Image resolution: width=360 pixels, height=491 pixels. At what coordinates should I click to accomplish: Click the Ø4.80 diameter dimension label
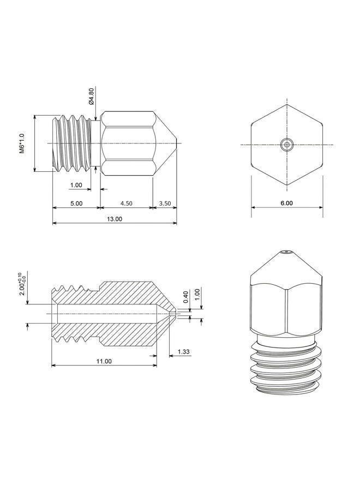pyautogui.click(x=91, y=96)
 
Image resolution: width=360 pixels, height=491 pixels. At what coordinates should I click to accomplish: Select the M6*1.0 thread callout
pyautogui.click(x=22, y=143)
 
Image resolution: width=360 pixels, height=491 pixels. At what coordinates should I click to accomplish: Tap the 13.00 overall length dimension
pyautogui.click(x=115, y=219)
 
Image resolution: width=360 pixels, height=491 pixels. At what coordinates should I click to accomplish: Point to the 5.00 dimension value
pyautogui.click(x=76, y=203)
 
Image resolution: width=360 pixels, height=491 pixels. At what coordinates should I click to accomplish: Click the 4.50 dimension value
pyautogui.click(x=126, y=203)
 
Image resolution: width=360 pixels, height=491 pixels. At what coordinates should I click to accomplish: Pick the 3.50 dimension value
pyautogui.click(x=165, y=203)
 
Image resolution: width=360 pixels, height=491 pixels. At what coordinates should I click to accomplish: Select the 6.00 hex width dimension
pyautogui.click(x=286, y=203)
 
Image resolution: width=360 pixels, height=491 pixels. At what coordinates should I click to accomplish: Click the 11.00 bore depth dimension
pyautogui.click(x=104, y=361)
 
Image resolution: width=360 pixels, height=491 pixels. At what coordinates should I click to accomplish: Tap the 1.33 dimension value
pyautogui.click(x=183, y=351)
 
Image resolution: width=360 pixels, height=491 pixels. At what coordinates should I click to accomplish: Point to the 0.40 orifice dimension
pyautogui.click(x=186, y=297)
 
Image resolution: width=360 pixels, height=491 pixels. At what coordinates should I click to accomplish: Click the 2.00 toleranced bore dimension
pyautogui.click(x=23, y=284)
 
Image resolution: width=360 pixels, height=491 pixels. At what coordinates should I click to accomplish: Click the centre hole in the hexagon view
pyautogui.click(x=287, y=145)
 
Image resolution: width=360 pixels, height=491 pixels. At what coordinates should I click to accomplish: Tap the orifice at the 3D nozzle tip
pyautogui.click(x=286, y=252)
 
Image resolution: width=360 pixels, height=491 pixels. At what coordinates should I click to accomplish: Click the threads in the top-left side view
pyautogui.click(x=73, y=143)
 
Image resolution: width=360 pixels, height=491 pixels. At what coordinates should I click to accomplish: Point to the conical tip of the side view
pyautogui.click(x=165, y=143)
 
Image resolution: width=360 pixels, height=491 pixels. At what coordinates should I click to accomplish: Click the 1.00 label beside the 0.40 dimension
pyautogui.click(x=197, y=295)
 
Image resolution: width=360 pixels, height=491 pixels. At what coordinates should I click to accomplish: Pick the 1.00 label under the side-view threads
pyautogui.click(x=76, y=185)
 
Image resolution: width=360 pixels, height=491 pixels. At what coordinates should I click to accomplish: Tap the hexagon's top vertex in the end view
pyautogui.click(x=287, y=104)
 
